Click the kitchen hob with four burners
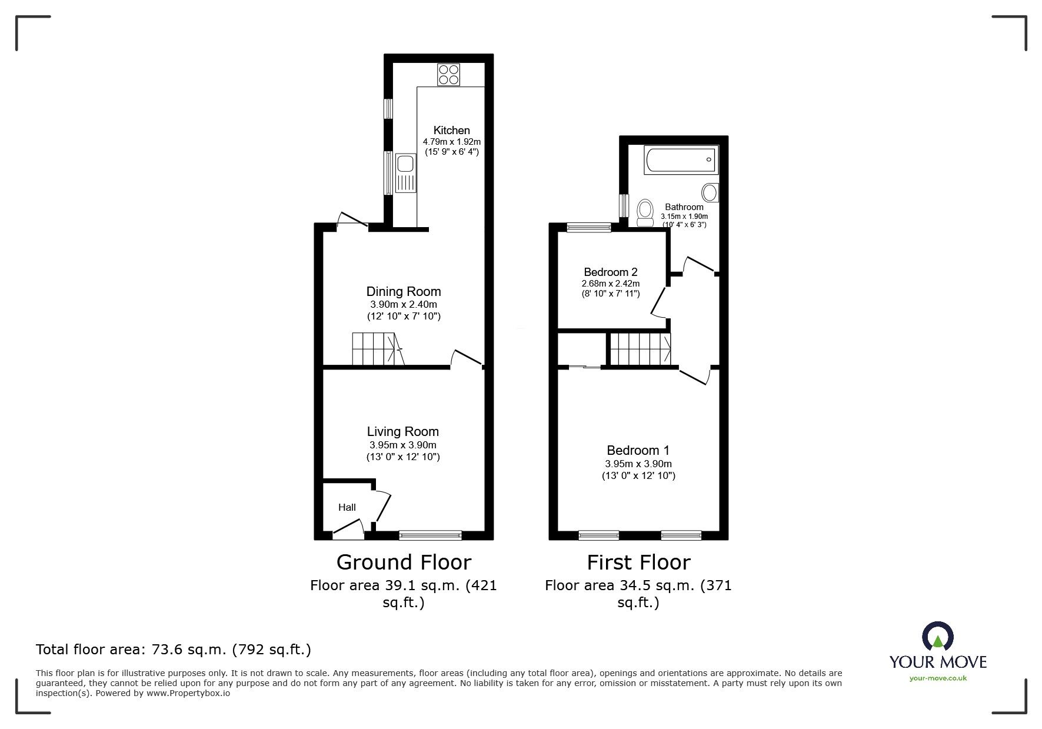point(448,75)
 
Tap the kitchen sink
point(405,173)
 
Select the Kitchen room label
point(452,131)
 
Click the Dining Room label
point(404,291)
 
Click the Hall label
point(347,507)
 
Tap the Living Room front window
point(430,535)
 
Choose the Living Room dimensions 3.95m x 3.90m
point(403,445)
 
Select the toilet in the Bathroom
point(645,212)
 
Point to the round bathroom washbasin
point(710,192)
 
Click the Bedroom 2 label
point(611,272)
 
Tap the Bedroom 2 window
point(589,227)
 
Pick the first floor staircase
point(640,349)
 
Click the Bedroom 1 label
point(638,450)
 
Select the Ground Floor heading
point(404,562)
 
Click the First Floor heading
point(638,562)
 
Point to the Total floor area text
point(174,650)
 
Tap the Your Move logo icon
point(938,637)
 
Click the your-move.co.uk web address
point(938,678)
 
